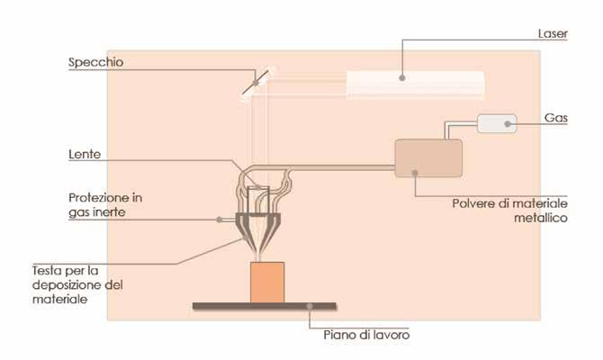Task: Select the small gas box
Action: click(x=496, y=123)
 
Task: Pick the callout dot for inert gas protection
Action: click(x=219, y=219)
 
